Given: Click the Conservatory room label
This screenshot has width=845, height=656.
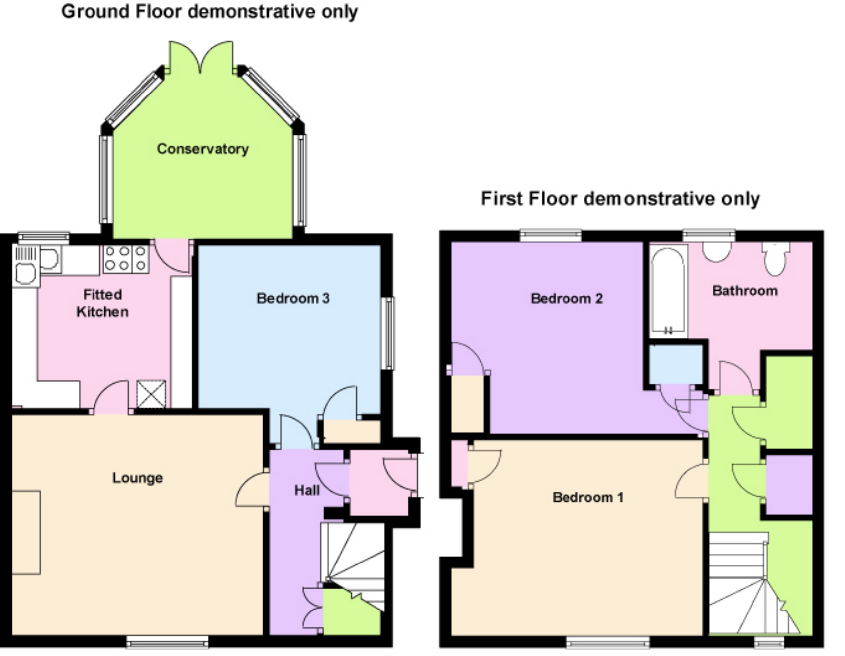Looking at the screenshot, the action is point(202,149).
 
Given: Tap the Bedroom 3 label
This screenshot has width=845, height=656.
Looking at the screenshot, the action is point(293,298).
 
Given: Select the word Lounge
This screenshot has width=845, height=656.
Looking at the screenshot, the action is point(137,478).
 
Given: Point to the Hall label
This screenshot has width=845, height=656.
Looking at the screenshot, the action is point(307,490).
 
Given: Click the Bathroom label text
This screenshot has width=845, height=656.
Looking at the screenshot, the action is point(744,291).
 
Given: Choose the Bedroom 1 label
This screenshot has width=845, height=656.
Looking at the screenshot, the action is point(588,497).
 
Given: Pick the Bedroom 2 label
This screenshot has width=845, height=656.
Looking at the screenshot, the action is point(566,299).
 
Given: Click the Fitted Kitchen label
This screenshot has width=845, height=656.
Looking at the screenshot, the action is point(102,303).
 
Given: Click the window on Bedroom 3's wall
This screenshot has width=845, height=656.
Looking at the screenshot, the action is point(388,333).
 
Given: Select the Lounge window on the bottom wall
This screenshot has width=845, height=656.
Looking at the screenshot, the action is point(167,642).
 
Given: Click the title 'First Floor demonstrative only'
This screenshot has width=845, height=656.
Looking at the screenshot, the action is point(620,199).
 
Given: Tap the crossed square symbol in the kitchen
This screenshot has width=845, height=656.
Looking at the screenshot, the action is point(151,394).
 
